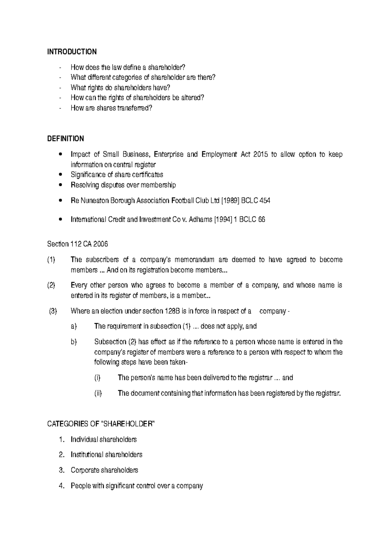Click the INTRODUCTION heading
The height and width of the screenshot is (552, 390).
click(x=72, y=52)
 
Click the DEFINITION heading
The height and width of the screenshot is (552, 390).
click(x=65, y=139)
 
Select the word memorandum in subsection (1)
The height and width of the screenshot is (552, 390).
click(x=194, y=260)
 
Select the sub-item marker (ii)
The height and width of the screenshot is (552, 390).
click(x=98, y=393)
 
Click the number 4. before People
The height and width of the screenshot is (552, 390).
click(x=62, y=486)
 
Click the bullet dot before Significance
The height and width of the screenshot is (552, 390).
click(x=61, y=175)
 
